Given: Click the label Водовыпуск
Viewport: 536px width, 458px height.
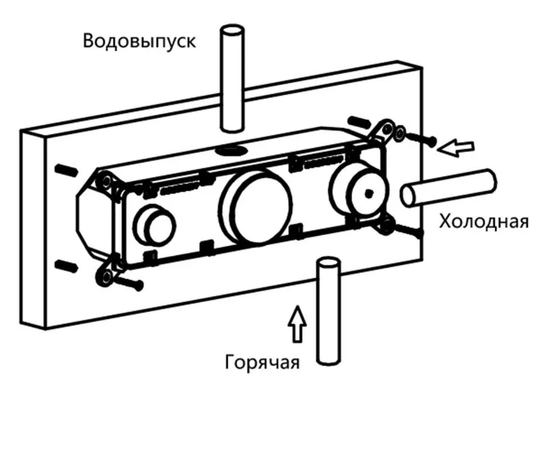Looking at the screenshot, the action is point(139,42).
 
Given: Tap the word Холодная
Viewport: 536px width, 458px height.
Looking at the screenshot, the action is point(484,222).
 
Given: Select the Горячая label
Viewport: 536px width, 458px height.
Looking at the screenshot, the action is point(262,362).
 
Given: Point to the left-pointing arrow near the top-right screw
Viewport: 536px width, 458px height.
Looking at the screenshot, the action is point(456,148).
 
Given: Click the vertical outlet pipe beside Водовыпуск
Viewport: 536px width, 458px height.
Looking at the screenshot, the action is point(233,78).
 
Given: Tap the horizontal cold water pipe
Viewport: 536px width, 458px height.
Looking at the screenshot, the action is point(449,188).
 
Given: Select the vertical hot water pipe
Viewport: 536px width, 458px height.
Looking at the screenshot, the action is point(329,311).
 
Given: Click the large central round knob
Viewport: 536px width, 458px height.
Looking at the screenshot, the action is point(255,207).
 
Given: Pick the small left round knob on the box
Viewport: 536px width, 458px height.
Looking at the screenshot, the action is point(155,226).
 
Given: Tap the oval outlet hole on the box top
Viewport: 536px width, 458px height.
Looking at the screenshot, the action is point(231,150).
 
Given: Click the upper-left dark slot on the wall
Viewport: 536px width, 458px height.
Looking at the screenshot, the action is point(66,170).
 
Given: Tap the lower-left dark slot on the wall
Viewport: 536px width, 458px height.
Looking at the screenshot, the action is point(66,266).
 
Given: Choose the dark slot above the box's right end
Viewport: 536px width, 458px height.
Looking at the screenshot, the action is point(359,122).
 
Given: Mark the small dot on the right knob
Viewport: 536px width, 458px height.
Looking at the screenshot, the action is point(368,194).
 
